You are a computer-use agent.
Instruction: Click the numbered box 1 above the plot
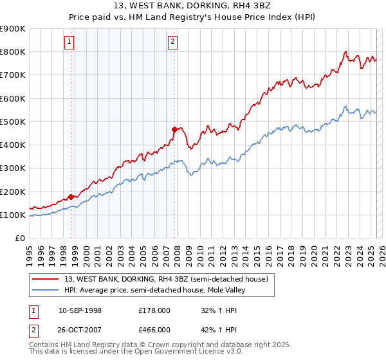pyautogui.click(x=69, y=42)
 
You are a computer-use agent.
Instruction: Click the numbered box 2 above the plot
pyautogui.click(x=173, y=42)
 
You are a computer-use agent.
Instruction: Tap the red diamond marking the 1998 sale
pyautogui.click(x=71, y=197)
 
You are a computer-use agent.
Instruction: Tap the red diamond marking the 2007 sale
pyautogui.click(x=174, y=129)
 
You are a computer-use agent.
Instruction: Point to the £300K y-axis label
pyautogui.click(x=13, y=168)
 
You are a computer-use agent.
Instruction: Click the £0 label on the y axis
pyautogui.click(x=20, y=239)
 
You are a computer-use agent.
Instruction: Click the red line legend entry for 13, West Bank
pyautogui.click(x=170, y=278)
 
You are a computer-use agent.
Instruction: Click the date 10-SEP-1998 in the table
pyautogui.click(x=80, y=310)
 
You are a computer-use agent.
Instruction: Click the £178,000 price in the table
pyautogui.click(x=154, y=310)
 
